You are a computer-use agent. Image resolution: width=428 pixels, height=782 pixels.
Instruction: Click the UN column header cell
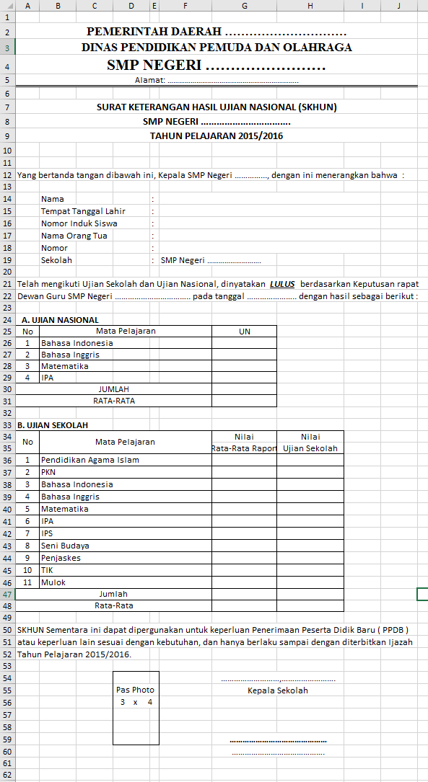click(x=244, y=332)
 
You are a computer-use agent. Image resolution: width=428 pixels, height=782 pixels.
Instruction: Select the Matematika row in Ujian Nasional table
click(x=64, y=366)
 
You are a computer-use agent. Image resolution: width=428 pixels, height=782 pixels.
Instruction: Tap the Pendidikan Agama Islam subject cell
click(x=90, y=460)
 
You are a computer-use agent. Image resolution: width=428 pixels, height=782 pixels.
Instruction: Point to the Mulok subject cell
click(x=53, y=582)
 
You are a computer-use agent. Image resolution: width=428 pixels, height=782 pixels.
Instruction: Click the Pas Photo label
click(x=136, y=690)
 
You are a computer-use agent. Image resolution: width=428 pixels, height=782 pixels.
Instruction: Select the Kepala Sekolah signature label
click(x=278, y=690)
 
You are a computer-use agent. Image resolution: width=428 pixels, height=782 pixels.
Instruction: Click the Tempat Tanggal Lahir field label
click(x=83, y=211)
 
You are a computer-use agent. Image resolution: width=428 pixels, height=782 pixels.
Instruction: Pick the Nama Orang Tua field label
click(x=74, y=236)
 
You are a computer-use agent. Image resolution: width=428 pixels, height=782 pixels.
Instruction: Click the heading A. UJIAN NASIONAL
click(x=60, y=320)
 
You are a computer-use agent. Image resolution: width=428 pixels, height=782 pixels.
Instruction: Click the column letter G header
click(x=245, y=6)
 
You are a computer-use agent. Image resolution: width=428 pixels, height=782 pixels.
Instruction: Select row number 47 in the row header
click(x=7, y=594)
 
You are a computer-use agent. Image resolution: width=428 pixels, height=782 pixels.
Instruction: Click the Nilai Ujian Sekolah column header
click(x=310, y=443)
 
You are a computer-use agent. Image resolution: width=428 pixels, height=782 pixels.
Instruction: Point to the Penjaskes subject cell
click(x=61, y=558)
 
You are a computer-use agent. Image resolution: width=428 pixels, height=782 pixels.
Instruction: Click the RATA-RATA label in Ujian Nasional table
click(x=113, y=401)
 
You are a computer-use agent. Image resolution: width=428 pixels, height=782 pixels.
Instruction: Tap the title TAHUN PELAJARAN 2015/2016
click(x=217, y=135)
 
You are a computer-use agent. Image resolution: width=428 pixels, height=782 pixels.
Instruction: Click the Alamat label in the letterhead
click(x=150, y=80)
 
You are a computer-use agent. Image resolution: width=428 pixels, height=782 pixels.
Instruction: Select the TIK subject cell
click(x=48, y=570)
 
